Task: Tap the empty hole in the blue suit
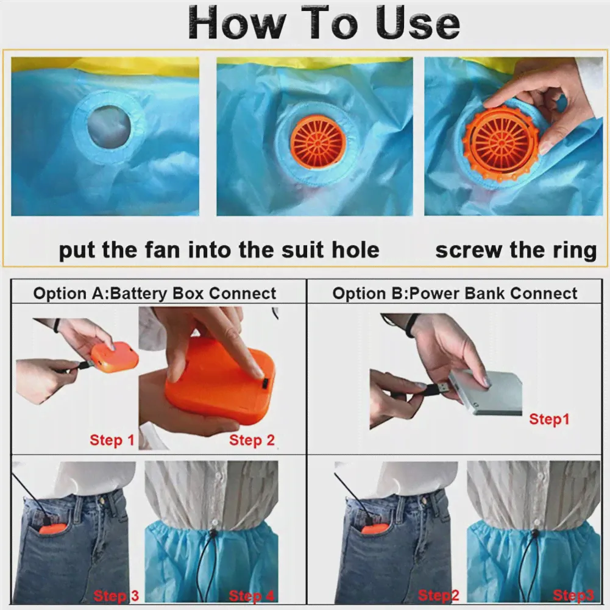pos(109,124)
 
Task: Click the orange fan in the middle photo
pos(319,141)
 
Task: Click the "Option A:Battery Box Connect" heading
pos(154,293)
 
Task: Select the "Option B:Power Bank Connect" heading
pos(455,293)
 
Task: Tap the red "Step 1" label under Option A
pos(112,440)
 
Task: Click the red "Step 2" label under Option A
pos(252,440)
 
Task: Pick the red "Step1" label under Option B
pos(549,419)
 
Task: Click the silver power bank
pos(486,391)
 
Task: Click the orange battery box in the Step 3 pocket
pos(53,530)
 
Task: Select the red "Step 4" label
pos(252,595)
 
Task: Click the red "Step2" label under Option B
pos(438,595)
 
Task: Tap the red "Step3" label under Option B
pos(573,595)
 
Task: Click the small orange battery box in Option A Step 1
pos(115,356)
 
